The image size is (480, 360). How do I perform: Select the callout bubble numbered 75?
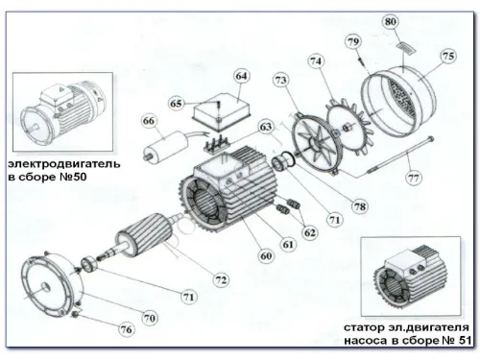coord(448,57)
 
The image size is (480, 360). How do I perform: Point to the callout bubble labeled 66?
coord(149,121)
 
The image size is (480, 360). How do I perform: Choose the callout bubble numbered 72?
coord(221,279)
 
